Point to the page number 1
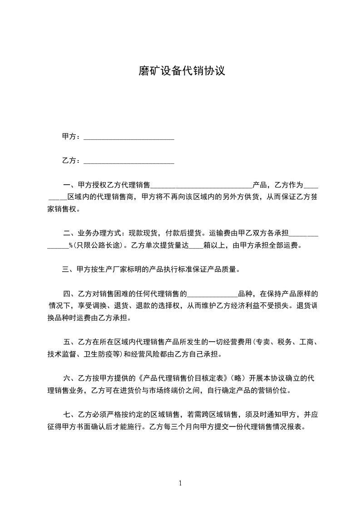click(x=180, y=483)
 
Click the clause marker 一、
click(x=70, y=185)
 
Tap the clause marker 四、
click(x=70, y=294)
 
